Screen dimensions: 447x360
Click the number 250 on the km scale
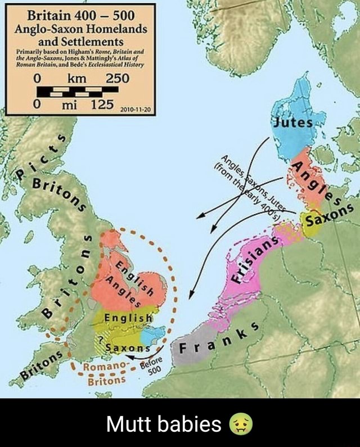coord(117,78)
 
